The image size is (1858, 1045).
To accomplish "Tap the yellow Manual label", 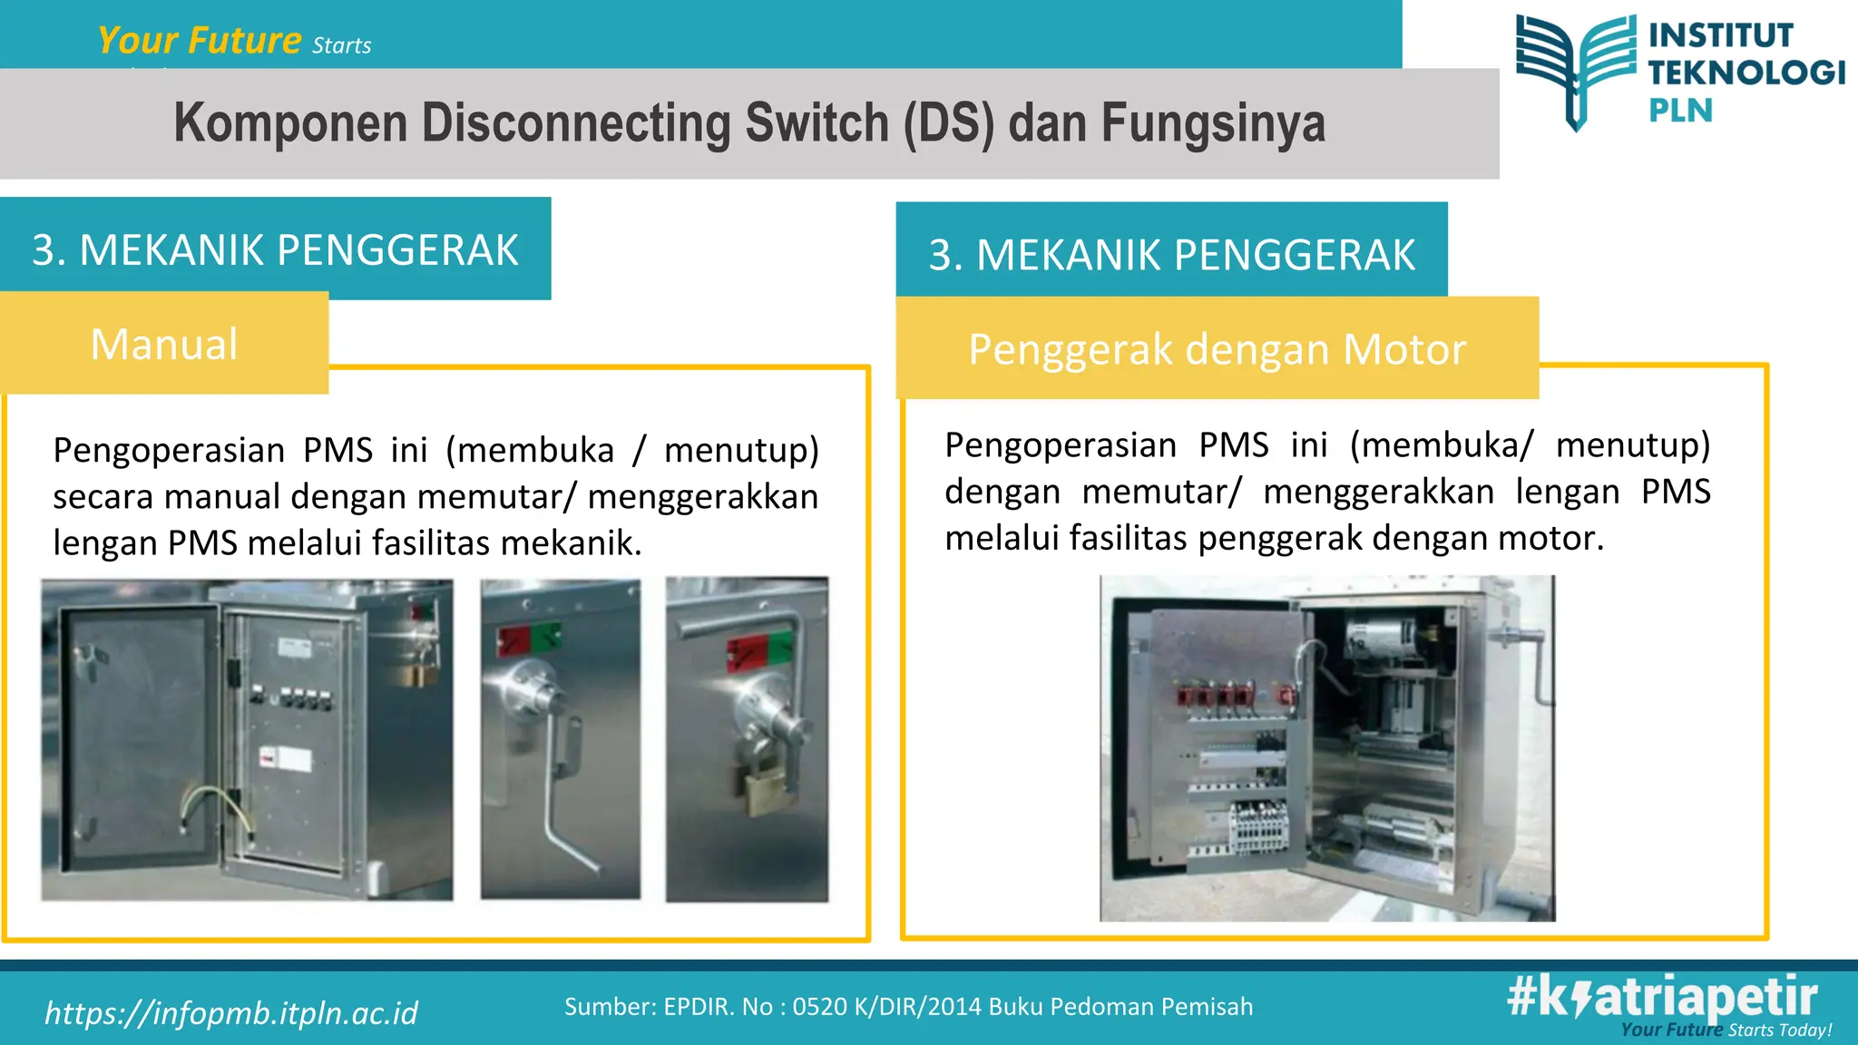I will coord(164,345).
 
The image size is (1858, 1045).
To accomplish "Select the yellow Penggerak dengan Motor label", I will coord(1217,349).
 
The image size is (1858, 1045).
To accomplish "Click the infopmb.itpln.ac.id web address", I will coord(231,1013).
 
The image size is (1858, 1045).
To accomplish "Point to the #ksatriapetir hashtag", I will coord(1662,997).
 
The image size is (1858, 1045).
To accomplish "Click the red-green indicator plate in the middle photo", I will coord(528,640).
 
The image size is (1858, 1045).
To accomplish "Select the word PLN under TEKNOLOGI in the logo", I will coord(1680,111).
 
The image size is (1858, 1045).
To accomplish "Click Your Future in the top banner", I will coord(200,41).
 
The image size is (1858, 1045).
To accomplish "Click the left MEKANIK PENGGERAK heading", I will coord(275,250).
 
